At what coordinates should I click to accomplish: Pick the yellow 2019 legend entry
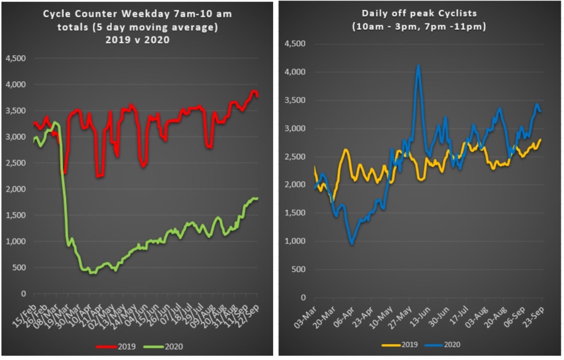point(400,345)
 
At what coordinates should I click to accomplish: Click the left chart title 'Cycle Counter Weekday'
point(138,13)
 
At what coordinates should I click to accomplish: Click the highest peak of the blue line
point(419,66)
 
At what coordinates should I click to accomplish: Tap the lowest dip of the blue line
point(351,243)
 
